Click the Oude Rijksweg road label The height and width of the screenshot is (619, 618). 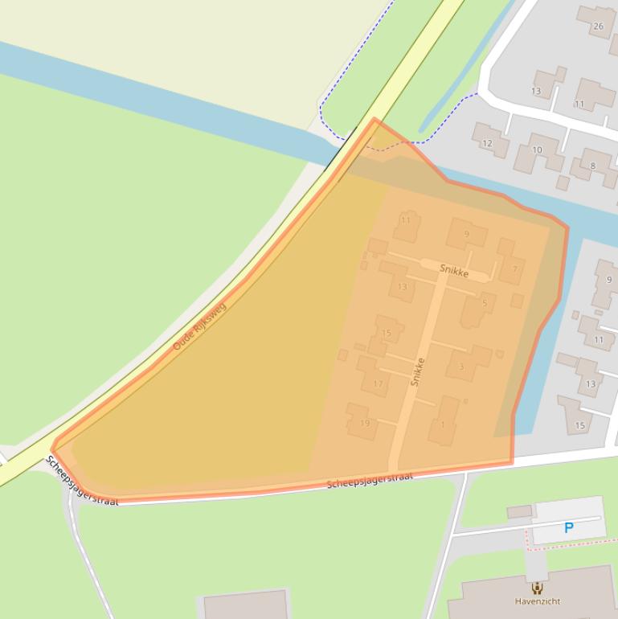click(200, 326)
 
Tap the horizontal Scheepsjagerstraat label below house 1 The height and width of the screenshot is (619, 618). click(370, 480)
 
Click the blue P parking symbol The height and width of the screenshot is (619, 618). click(569, 528)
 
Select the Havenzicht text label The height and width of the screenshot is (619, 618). click(538, 601)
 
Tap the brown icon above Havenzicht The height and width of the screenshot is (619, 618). click(538, 588)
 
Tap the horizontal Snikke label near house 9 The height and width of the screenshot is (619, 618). click(454, 271)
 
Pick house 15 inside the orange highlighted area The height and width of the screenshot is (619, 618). click(387, 333)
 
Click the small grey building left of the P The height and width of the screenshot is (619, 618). click(519, 511)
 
